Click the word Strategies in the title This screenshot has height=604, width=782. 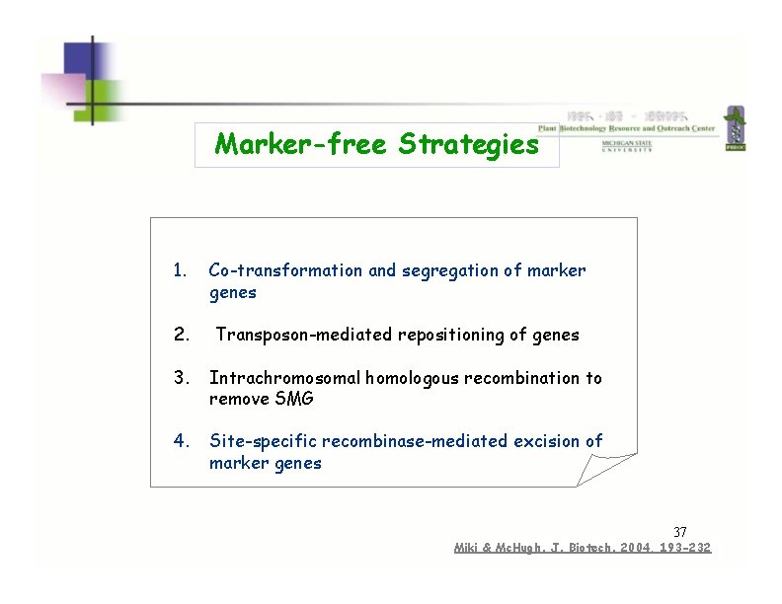point(469,145)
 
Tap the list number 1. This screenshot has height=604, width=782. point(179,270)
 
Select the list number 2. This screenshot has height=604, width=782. point(181,335)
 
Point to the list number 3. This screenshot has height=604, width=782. point(181,378)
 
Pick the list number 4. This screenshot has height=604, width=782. point(181,441)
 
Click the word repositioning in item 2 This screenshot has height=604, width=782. point(451,335)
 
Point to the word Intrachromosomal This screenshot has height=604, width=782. point(285,378)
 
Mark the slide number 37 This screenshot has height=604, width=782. point(679,533)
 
